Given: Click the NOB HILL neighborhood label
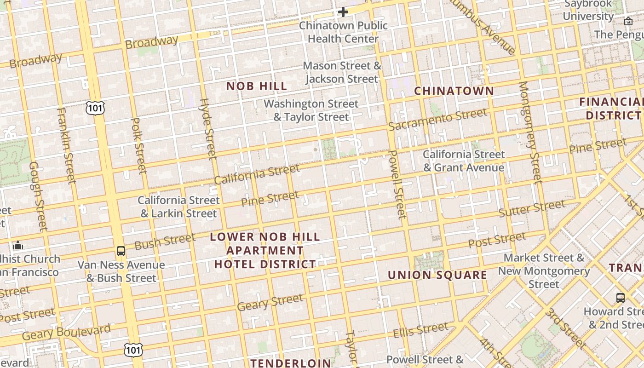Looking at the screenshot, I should click(257, 86).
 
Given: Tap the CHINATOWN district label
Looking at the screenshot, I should click(454, 91).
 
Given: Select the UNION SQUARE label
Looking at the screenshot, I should click(437, 275).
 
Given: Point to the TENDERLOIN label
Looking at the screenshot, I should click(291, 363).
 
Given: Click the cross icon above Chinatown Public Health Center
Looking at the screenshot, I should click(343, 12).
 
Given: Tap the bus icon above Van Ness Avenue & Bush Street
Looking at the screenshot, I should click(121, 251).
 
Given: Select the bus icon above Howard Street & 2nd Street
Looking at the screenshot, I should click(620, 298).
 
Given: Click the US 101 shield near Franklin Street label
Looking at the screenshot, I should click(95, 108).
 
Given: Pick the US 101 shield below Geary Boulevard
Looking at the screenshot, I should click(133, 350).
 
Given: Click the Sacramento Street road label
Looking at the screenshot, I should click(437, 119).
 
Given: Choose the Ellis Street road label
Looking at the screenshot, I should click(420, 330).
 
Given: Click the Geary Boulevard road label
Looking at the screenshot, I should click(67, 332).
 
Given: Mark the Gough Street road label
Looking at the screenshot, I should click(38, 195).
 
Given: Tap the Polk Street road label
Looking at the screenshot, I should click(138, 146).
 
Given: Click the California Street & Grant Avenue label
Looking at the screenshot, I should click(464, 161).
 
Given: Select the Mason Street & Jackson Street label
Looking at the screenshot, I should click(342, 72).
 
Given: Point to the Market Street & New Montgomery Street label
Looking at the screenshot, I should click(544, 271).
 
